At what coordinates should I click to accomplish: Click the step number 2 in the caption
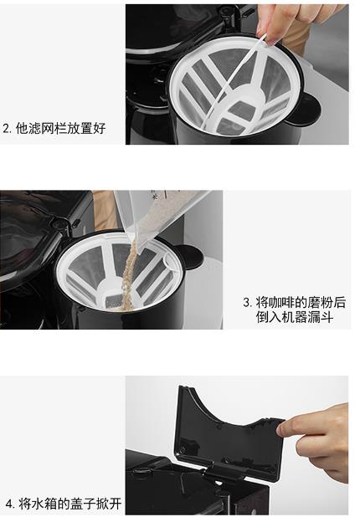coord(7,128)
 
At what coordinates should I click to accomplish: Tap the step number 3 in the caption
coord(247,302)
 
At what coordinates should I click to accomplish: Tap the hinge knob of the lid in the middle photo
coord(60,224)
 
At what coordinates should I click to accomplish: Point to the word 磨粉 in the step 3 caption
coord(321,302)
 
